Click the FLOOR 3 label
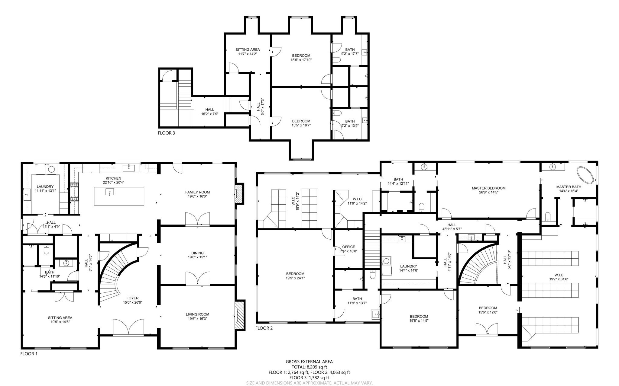point(166,133)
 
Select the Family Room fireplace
point(239,194)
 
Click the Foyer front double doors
point(128,327)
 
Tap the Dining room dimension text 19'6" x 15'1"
point(197,257)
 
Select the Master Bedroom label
point(488,188)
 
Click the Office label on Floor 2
point(348,247)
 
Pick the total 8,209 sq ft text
point(309,367)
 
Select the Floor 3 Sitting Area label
point(248,49)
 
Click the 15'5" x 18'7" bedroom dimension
point(301,125)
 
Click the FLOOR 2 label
point(264,328)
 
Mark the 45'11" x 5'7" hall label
point(452,229)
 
